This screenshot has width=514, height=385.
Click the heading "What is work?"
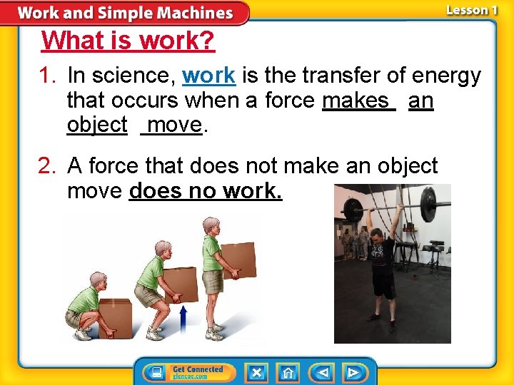[x=128, y=41]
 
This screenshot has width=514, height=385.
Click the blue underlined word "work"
[x=208, y=76]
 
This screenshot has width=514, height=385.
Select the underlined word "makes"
[x=358, y=101]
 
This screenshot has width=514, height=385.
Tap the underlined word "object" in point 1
[x=96, y=125]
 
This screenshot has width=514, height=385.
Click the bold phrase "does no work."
[x=206, y=191]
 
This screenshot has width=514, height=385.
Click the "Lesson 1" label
[x=471, y=10]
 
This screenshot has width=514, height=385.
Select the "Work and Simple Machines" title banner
[x=125, y=13]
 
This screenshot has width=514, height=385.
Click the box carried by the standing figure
[x=238, y=260]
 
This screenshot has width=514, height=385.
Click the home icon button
[x=288, y=372]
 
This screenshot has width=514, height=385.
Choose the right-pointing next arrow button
[x=352, y=372]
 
